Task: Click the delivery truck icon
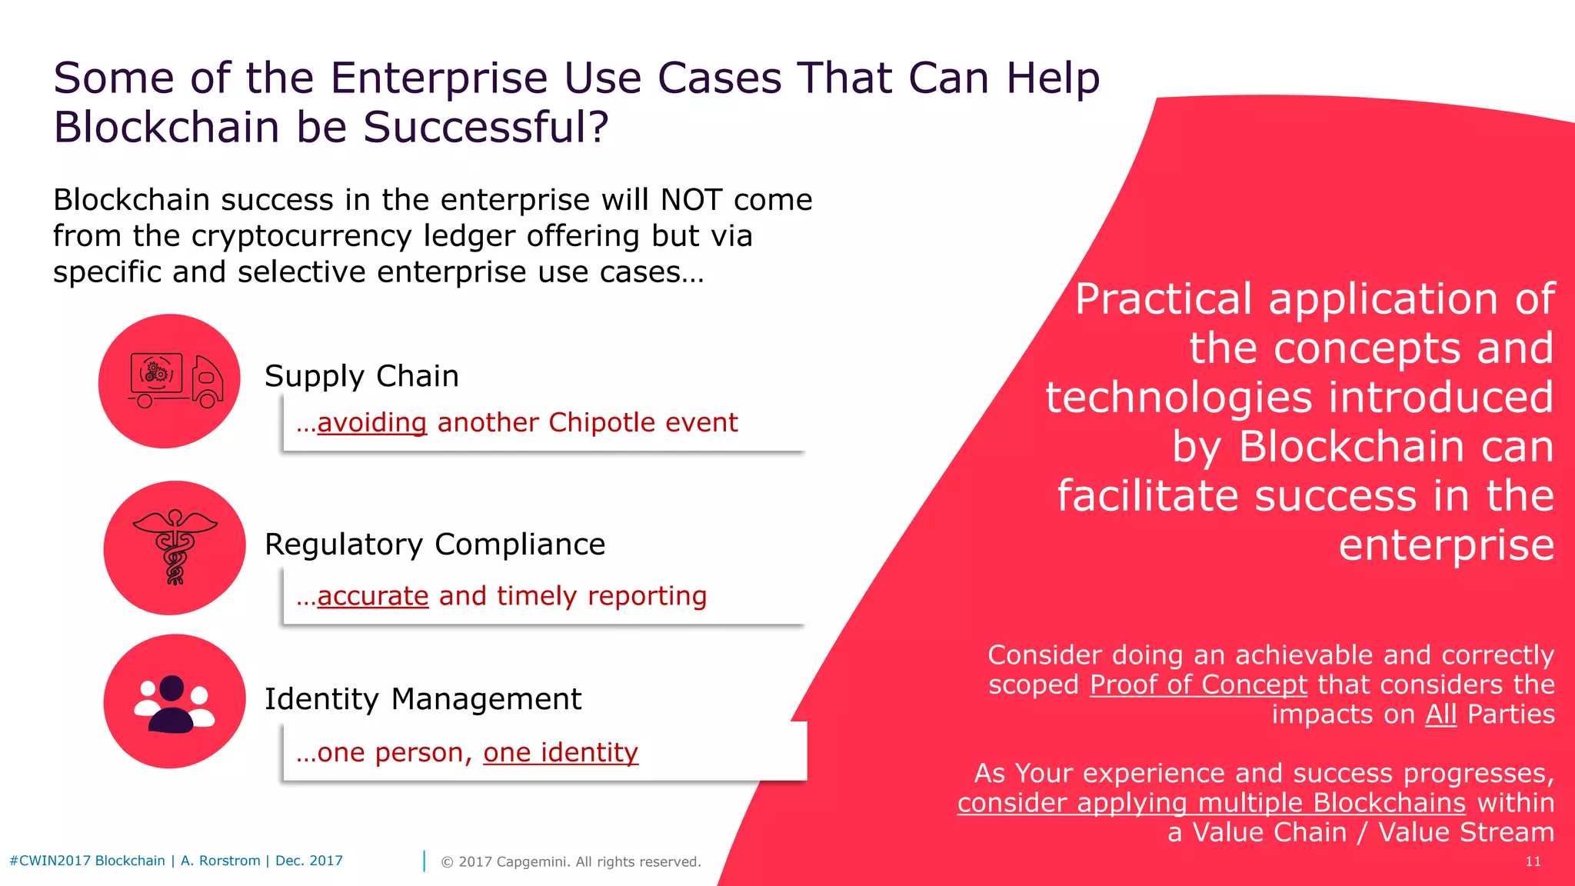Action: click(175, 381)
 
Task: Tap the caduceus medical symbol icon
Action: click(175, 547)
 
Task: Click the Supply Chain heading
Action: click(361, 376)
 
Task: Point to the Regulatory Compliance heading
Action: click(435, 545)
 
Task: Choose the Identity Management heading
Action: click(422, 699)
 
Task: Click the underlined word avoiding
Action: click(371, 423)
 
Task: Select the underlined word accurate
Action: click(372, 596)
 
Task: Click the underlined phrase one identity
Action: click(561, 752)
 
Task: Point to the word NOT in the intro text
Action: click(691, 200)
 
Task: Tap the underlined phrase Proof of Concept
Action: click(1198, 684)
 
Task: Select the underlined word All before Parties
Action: click(1440, 714)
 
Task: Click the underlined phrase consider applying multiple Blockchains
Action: click(1211, 803)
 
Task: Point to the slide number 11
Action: click(1533, 861)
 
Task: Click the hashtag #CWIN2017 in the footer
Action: click(50, 861)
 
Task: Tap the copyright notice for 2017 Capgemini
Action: click(571, 861)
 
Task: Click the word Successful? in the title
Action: click(485, 127)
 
